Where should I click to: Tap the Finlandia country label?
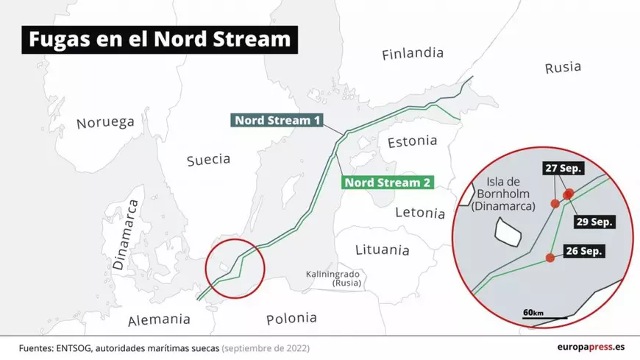[x=413, y=54]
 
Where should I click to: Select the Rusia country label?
[x=563, y=68]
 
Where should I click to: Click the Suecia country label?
[x=208, y=159]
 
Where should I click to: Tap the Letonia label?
[x=420, y=213]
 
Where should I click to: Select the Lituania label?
[x=382, y=250]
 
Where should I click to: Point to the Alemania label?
[x=159, y=320]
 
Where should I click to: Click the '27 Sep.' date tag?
[x=563, y=169]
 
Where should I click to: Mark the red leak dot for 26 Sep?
[x=549, y=258]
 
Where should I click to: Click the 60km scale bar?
[x=544, y=316]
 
